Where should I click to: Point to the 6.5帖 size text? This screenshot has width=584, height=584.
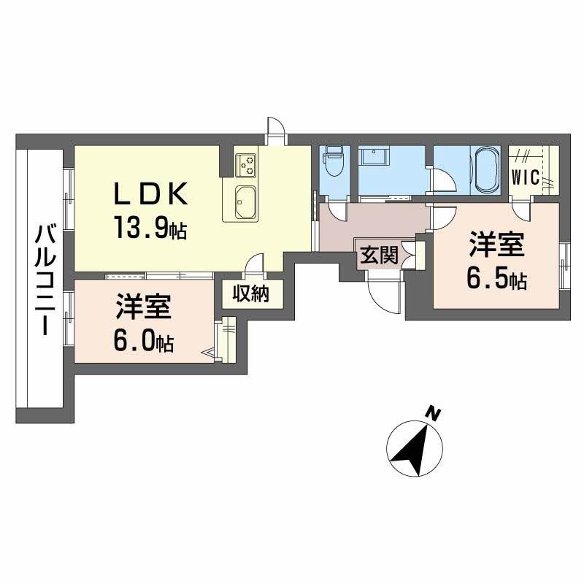pyautogui.click(x=497, y=280)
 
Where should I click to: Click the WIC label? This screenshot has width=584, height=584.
pyautogui.click(x=525, y=177)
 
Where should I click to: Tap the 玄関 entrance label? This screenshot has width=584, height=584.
pyautogui.click(x=378, y=255)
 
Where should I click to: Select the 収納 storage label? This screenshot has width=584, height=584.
pyautogui.click(x=251, y=294)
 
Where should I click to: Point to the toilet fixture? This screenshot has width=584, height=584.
pyautogui.click(x=334, y=164)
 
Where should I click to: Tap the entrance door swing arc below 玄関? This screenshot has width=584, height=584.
pyautogui.click(x=381, y=293)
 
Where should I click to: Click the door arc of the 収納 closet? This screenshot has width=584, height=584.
pyautogui.click(x=254, y=263)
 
